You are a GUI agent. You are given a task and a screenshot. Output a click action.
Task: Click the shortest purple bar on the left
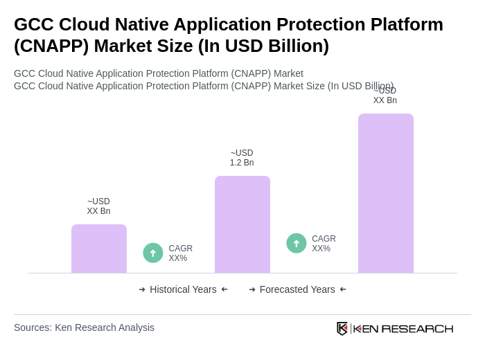point(99,249)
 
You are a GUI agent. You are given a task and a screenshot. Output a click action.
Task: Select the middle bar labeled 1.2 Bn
point(242,224)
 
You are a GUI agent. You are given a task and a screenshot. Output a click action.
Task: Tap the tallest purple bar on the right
point(385,193)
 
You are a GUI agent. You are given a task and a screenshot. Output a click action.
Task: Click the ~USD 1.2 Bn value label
point(242,158)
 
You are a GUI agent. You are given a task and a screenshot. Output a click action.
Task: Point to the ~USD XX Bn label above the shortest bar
point(98,206)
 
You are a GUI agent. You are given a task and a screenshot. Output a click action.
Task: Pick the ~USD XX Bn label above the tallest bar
point(385,96)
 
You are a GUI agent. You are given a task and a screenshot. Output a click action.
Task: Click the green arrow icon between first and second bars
point(153,253)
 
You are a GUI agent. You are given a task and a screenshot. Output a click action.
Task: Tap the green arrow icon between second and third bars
point(297,244)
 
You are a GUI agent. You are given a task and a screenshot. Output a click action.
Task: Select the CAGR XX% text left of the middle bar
point(180,253)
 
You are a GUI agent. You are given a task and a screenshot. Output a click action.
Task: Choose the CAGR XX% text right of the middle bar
point(324,244)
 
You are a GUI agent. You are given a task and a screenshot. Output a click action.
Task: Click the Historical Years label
point(183,289)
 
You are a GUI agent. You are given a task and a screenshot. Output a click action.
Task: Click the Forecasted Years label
point(297,289)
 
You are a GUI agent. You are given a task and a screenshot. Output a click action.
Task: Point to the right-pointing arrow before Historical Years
point(142,289)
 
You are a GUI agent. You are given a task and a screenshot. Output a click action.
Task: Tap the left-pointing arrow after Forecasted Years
point(343,289)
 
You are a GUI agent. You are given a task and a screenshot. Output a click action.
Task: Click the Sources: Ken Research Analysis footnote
point(84,327)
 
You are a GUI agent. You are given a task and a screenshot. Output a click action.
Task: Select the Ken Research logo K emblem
point(342,328)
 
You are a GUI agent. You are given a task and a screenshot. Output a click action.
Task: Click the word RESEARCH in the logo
point(417,329)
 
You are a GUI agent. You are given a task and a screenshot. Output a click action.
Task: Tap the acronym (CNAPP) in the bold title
point(51,46)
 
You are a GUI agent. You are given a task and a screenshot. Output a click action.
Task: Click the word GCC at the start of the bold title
point(34,24)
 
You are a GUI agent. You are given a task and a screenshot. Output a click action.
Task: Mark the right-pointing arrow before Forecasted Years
point(252,289)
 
